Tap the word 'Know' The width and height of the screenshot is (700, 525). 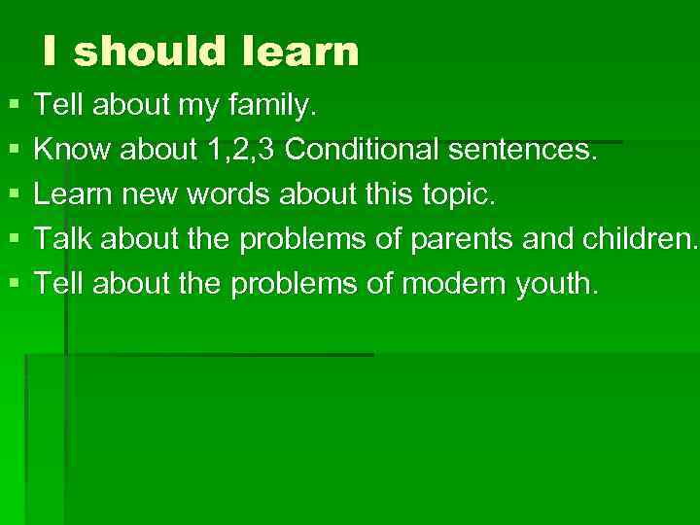tap(65, 151)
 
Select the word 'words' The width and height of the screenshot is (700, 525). tap(232, 195)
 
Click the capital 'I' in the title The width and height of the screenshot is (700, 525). tap(49, 52)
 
